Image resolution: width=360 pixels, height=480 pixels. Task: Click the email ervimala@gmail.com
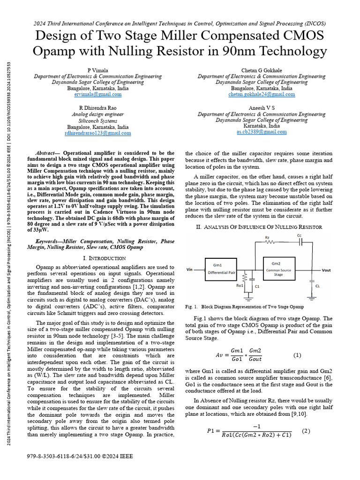97,94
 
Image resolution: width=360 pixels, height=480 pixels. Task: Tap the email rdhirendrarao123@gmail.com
97,134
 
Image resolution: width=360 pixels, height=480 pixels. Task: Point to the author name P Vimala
97,70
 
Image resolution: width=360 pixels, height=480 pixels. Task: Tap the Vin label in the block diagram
190,270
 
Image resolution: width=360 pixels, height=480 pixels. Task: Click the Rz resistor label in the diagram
267,237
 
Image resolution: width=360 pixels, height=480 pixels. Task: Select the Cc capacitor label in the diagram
300,235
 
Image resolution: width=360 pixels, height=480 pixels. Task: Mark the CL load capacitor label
318,285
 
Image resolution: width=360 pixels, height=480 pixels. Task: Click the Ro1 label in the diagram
240,285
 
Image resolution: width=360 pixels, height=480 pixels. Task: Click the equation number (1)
297,355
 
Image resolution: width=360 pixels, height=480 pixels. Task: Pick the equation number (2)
306,431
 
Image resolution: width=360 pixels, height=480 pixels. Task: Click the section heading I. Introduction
104,258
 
